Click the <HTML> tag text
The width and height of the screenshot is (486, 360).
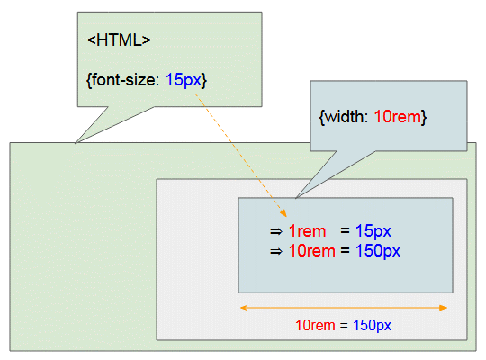[x=119, y=40]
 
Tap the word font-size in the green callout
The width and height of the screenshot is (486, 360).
[x=125, y=80]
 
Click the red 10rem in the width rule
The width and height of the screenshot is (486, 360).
[x=398, y=117]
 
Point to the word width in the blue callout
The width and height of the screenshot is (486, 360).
[x=346, y=117]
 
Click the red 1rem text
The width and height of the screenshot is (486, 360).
[x=307, y=231]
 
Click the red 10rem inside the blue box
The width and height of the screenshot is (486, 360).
[x=311, y=250]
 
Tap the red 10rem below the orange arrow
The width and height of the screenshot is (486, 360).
[x=315, y=325]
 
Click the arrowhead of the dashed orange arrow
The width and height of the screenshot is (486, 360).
[x=283, y=213]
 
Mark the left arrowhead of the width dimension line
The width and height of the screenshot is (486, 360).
[x=244, y=308]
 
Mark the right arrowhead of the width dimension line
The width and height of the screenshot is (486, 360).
[x=444, y=308]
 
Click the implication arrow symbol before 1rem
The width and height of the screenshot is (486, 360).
[x=276, y=231]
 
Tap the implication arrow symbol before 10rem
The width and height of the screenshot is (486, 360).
[x=276, y=251]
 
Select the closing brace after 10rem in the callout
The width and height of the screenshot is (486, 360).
[x=424, y=117]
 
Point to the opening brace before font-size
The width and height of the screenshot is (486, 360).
[x=89, y=80]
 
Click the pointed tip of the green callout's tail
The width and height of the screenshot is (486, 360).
[x=76, y=143]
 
